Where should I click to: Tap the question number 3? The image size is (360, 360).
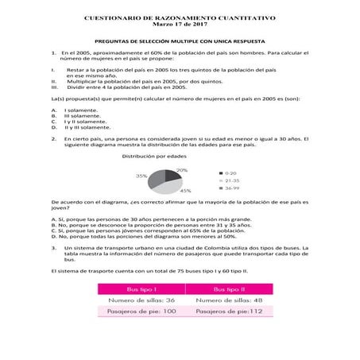tap(52, 247)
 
